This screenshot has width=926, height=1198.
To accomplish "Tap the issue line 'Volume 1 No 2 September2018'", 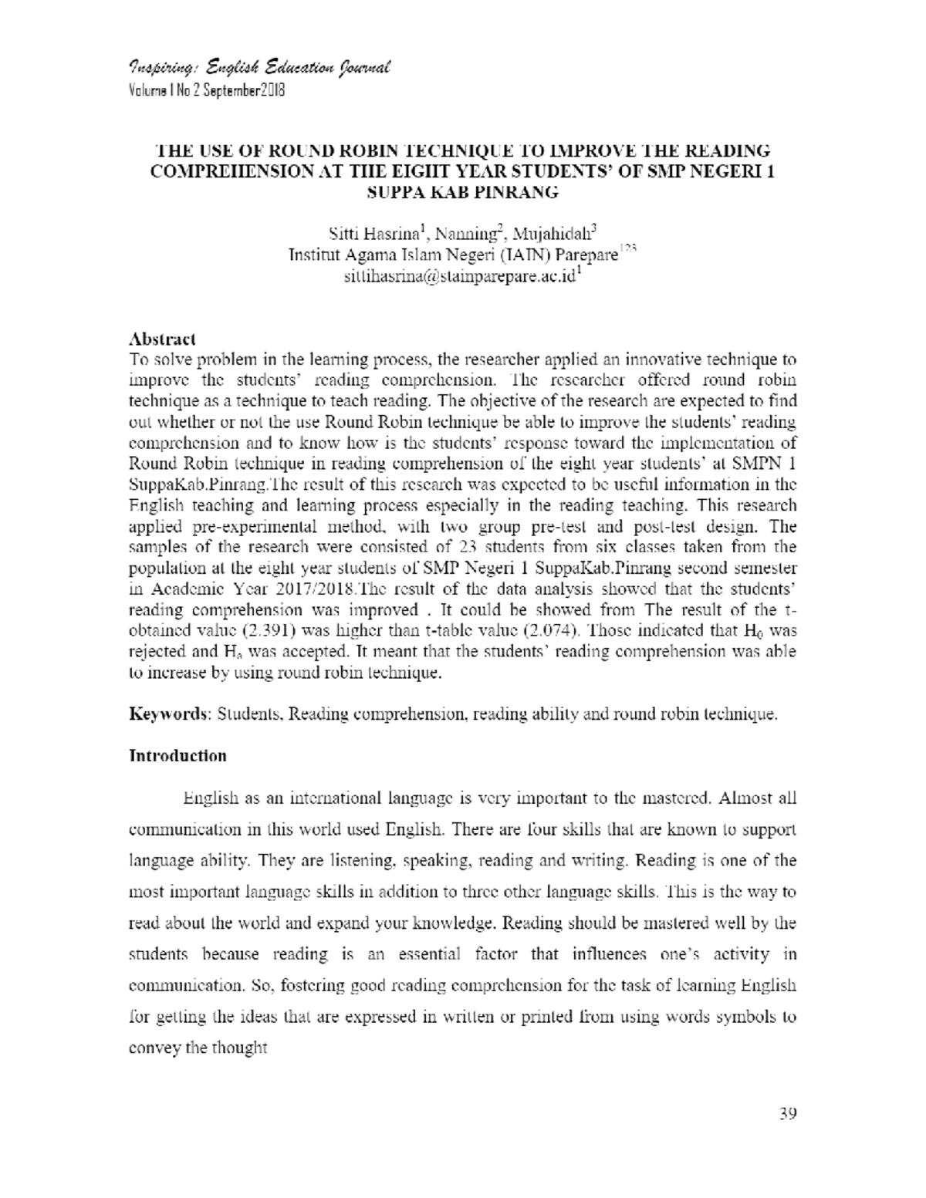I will coord(207,90).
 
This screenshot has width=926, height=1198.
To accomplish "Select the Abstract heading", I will coord(162,339).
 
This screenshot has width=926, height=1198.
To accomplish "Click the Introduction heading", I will coord(177,755).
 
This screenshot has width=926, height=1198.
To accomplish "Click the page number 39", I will coord(787,1113).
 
